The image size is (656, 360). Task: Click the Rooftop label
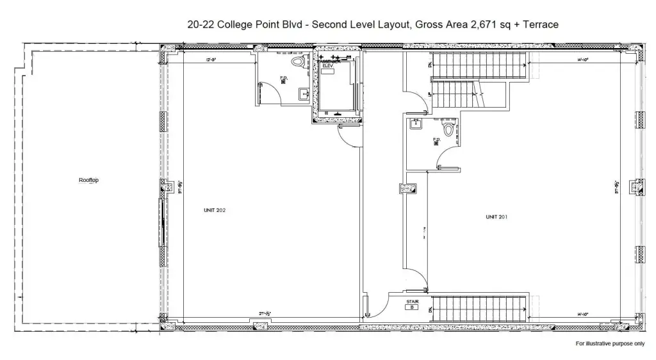[x=88, y=180]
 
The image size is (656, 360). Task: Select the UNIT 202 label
[x=215, y=210]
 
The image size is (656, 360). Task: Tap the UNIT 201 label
[x=496, y=217]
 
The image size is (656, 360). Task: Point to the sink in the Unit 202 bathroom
[x=302, y=95]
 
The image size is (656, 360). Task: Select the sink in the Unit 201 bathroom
[x=416, y=126]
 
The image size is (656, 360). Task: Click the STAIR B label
[x=413, y=304]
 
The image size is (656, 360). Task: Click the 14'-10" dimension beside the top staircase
[x=582, y=60]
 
